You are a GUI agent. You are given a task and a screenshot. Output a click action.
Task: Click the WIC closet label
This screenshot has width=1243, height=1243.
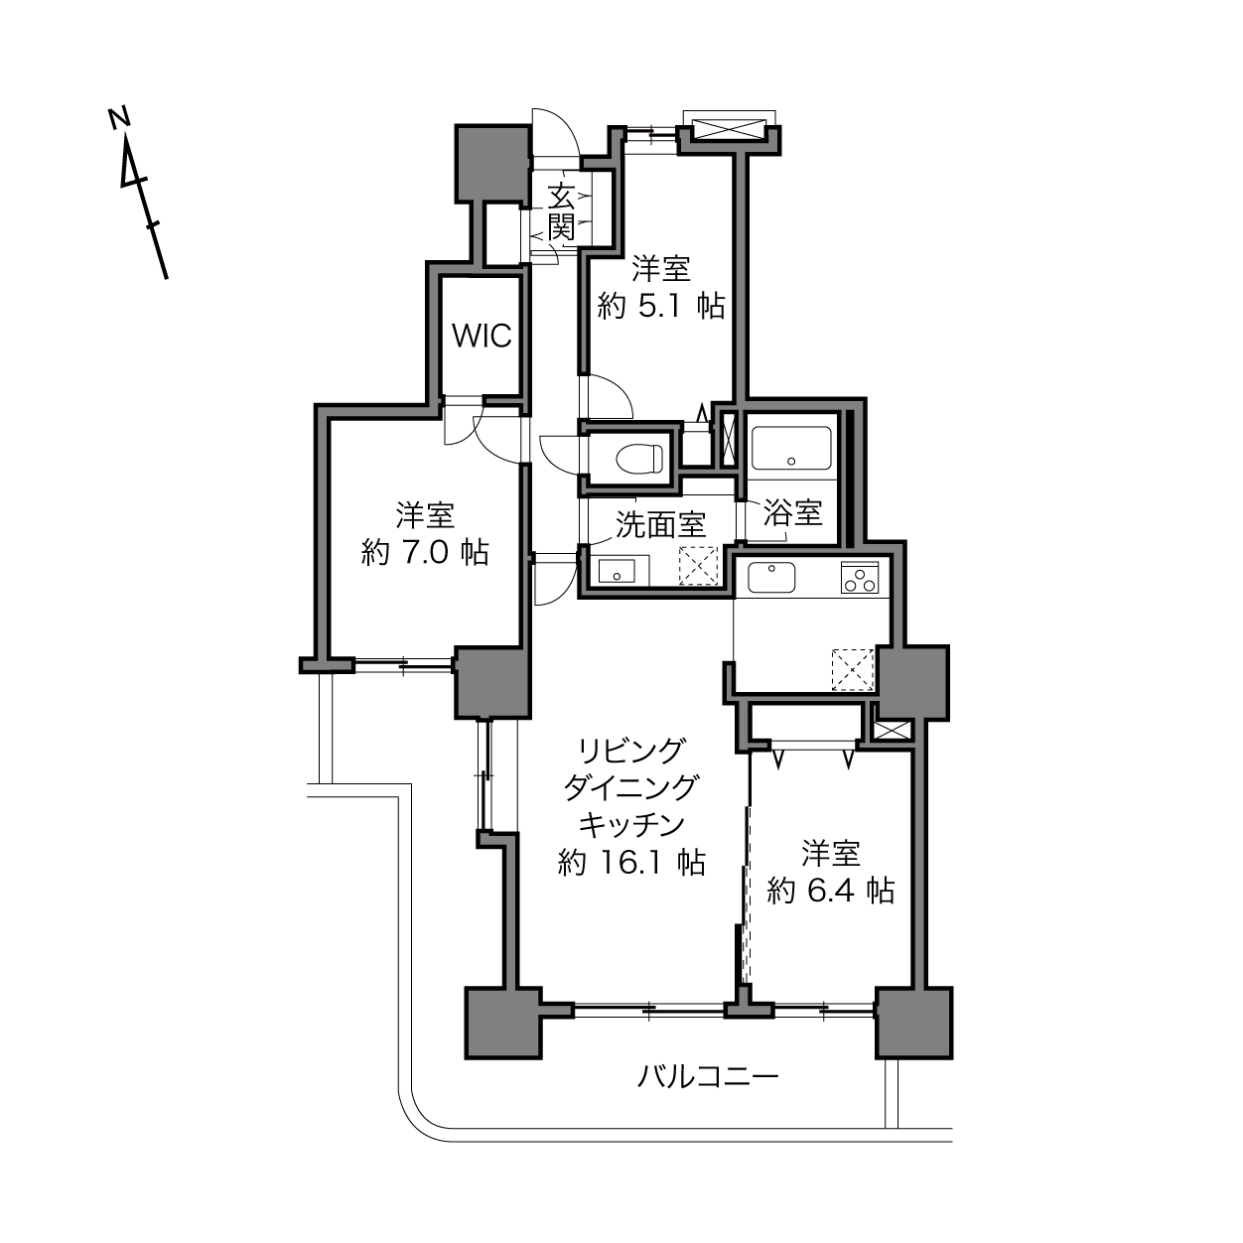coord(482,336)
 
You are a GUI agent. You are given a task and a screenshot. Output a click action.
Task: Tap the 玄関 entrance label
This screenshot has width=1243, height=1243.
coord(561,212)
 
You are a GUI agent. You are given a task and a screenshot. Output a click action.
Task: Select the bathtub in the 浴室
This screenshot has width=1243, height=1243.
coord(791,449)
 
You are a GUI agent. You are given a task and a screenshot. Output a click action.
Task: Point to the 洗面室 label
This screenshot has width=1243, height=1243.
coord(660,525)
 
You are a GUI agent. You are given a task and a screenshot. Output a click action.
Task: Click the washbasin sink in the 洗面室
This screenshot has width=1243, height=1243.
coord(617,571)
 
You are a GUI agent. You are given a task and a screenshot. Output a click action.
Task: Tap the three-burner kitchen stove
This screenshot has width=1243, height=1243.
coord(859,577)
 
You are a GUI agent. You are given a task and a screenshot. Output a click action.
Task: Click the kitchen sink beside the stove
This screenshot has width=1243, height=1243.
coord(771,577)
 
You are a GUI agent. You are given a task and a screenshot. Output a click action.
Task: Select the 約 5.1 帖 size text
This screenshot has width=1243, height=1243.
coord(661,306)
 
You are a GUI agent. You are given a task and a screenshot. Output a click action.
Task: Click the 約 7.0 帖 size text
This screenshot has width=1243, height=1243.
coord(425,553)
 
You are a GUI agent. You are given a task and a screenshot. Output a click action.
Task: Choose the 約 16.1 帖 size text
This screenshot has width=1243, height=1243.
coord(631,863)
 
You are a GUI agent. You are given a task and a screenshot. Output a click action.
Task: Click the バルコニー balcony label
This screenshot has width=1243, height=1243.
coord(708,1076)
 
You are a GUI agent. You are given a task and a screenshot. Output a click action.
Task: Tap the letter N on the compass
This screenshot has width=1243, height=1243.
coord(119,118)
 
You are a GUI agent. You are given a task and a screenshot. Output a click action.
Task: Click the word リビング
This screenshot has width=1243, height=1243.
coord(630,751)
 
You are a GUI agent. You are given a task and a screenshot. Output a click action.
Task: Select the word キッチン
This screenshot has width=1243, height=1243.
coord(631,825)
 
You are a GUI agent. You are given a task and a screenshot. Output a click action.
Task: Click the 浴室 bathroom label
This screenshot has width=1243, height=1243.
coord(792,513)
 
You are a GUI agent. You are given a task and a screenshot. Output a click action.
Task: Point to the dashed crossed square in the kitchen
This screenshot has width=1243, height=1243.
coord(853,669)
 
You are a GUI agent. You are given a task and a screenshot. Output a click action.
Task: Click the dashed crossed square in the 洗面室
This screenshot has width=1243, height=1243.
coord(698,565)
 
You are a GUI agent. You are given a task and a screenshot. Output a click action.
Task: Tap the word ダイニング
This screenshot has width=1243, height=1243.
coord(631,787)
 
